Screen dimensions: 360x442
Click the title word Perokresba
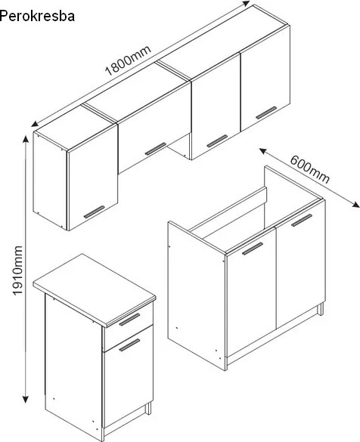coord(37,17)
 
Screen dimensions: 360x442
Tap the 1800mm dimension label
coord(129,60)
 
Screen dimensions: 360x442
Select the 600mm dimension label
coord(310,169)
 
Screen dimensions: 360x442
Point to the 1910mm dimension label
coord(18,270)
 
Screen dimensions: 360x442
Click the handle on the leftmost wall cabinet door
coord(95,212)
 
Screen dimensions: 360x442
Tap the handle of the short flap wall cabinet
coord(156,149)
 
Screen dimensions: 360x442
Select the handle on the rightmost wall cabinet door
coord(266,113)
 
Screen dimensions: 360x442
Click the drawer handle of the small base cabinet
coord(129,320)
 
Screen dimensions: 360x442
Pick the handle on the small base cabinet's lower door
coord(129,345)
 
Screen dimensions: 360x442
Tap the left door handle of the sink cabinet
coord(253,249)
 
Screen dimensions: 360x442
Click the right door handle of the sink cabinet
coord(302,220)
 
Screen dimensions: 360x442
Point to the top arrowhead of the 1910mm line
coord(26,139)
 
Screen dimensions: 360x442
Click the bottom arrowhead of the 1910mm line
coord(26,400)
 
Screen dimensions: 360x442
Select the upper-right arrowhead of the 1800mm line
coord(247,4)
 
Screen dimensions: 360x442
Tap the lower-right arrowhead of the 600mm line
coord(356,205)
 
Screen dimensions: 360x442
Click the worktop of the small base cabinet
coord(95,288)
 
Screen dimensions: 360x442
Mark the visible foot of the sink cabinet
coord(320,309)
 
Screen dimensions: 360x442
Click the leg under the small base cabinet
coord(148,408)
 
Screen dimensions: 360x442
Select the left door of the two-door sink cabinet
coord(251,292)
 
